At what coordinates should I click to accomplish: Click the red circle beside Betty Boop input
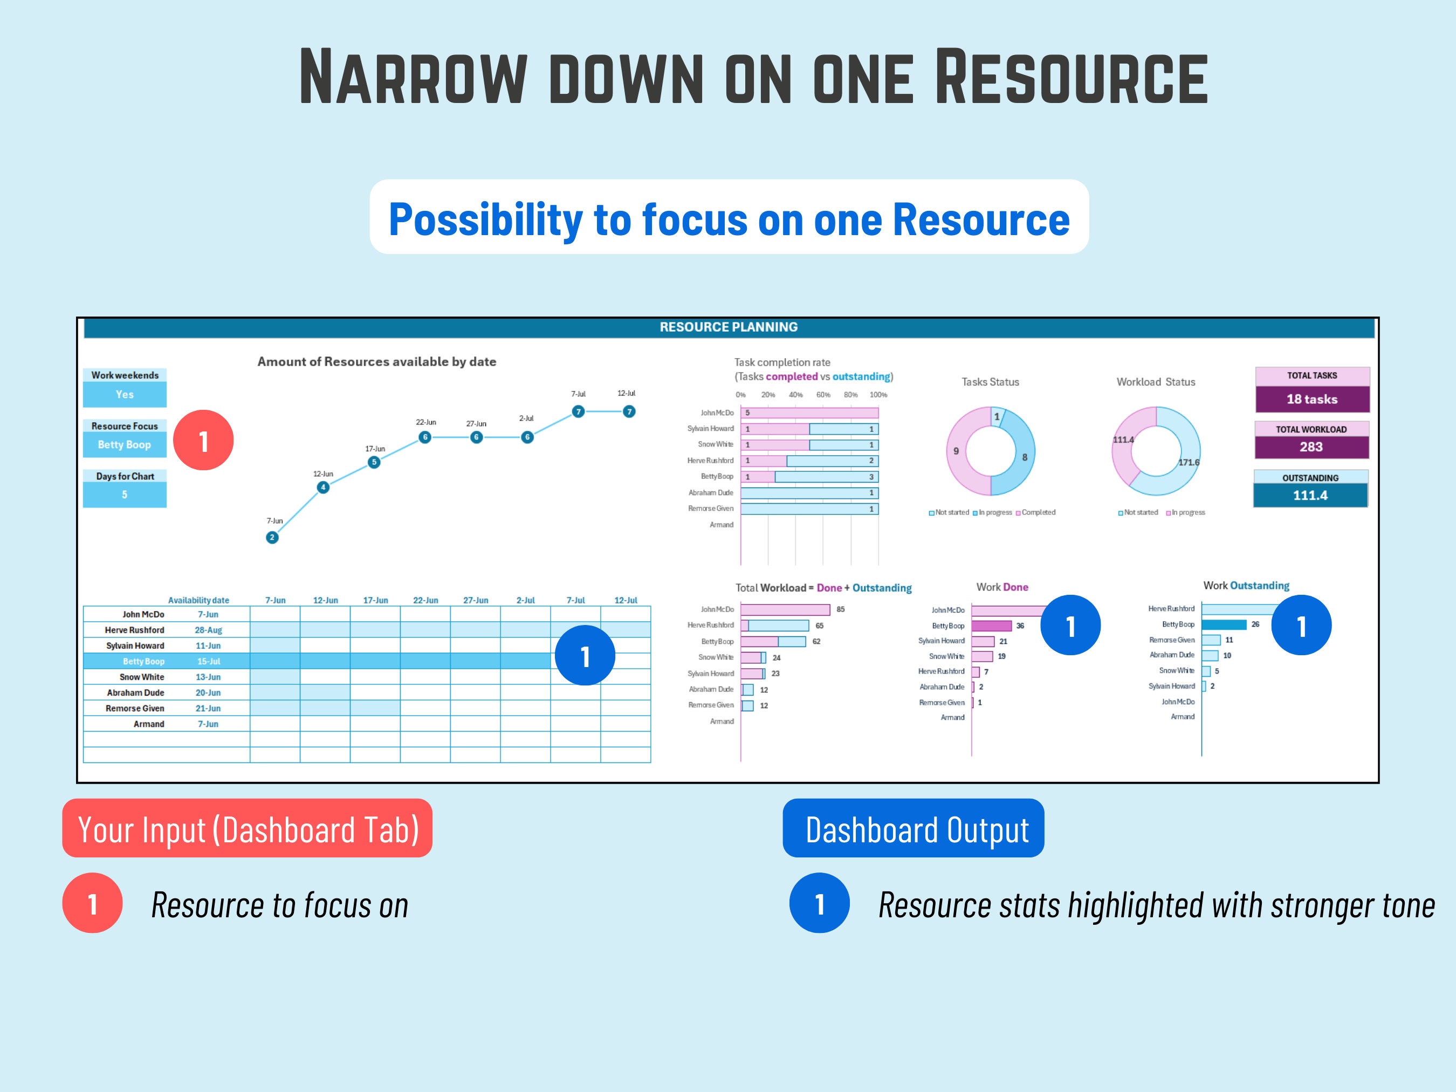203,441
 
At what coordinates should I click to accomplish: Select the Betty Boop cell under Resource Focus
125,445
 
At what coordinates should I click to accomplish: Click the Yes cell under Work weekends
125,394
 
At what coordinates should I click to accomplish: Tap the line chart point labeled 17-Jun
374,462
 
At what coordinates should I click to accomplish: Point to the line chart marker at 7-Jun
272,537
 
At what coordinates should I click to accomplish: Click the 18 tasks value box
1312,399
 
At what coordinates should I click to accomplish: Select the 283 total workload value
1311,447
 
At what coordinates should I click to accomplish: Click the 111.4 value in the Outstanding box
1310,496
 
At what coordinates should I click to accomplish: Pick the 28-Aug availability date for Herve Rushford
208,630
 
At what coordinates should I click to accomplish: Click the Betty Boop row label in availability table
143,662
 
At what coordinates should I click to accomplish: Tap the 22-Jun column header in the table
425,600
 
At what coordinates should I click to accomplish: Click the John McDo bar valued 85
785,609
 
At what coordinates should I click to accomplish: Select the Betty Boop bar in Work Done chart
991,626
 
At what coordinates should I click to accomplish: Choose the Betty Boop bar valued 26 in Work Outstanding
1224,624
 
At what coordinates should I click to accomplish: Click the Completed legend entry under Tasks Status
1036,512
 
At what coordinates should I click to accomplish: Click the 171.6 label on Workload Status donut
1189,462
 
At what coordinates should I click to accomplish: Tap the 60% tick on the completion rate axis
823,395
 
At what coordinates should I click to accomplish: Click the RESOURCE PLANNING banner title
728,327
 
